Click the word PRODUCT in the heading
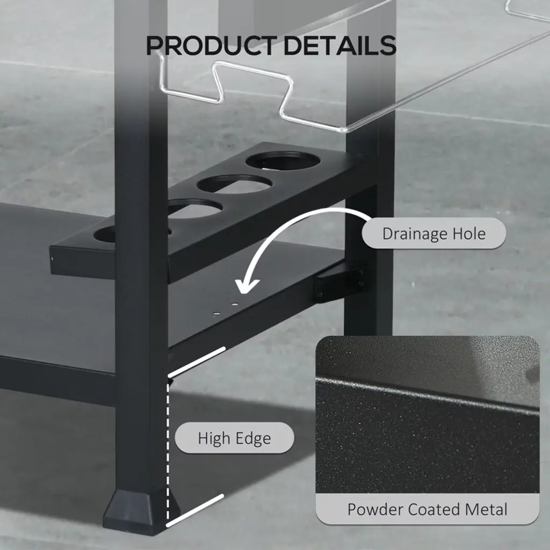coord(211,46)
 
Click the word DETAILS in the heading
coord(340,46)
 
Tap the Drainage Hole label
coord(434,234)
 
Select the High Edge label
coord(234,438)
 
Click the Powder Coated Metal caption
coord(427,509)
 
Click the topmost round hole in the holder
coord(283,161)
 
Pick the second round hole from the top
coord(234,184)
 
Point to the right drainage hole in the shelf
coord(235,304)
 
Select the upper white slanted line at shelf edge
coord(197,361)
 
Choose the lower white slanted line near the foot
coord(195,510)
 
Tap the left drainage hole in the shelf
coord(217,312)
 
